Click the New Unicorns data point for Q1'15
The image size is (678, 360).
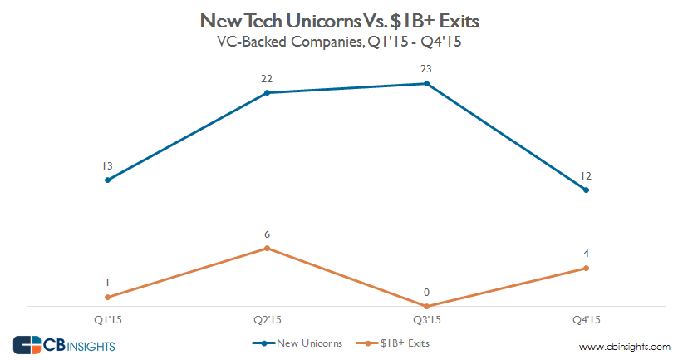(107, 180)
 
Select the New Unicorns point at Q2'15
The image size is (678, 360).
(267, 93)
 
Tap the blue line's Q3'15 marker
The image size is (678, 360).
(426, 83)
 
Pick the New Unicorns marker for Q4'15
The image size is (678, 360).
(586, 190)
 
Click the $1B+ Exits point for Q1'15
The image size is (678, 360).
(107, 297)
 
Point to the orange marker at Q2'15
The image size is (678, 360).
(267, 248)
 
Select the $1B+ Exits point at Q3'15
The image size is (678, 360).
(426, 306)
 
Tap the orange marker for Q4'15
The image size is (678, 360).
(586, 268)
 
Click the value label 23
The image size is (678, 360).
(426, 69)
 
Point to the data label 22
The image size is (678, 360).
(267, 79)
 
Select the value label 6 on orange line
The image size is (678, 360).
(267, 234)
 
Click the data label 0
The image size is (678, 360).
(426, 293)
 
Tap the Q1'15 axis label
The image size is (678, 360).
(107, 319)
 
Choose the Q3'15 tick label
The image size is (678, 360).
(426, 319)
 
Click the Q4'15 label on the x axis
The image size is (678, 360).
(586, 319)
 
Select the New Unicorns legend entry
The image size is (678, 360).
(287, 343)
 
